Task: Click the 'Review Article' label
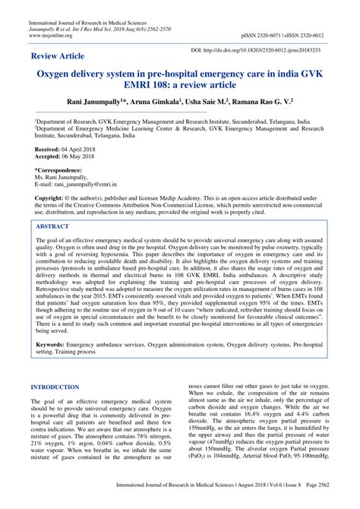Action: (x=58, y=58)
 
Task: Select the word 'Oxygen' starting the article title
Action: (x=53, y=77)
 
